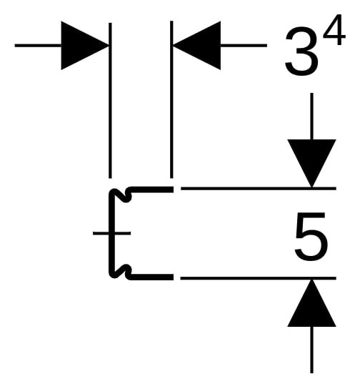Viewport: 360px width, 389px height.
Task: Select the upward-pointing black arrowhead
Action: (x=311, y=303)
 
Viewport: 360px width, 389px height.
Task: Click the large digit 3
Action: (x=301, y=52)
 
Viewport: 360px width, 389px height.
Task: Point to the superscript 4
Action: (x=334, y=30)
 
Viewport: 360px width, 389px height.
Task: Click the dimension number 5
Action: (x=311, y=236)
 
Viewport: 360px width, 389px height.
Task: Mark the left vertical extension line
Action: (x=110, y=101)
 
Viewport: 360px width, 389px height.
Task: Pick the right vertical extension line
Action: (x=171, y=99)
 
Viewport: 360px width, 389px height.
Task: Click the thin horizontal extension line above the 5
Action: (x=259, y=189)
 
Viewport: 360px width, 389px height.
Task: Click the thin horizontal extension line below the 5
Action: (x=258, y=278)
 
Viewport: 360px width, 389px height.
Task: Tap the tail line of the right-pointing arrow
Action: (x=38, y=45)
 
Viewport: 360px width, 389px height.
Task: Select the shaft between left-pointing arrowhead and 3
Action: (x=244, y=45)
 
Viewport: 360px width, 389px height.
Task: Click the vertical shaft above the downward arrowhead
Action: (x=311, y=117)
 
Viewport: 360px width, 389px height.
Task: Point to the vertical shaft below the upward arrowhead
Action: (x=311, y=350)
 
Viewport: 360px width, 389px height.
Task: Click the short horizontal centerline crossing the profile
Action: (x=111, y=233)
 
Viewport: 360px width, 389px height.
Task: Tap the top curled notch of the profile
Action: (x=121, y=195)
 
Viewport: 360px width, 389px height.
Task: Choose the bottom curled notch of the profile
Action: (x=121, y=272)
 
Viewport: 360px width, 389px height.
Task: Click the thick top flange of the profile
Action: (x=151, y=189)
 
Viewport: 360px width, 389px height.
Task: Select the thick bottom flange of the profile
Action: (x=151, y=277)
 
